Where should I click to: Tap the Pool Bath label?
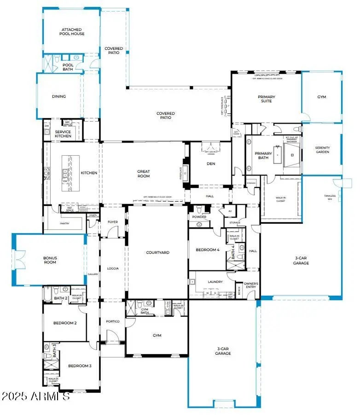68,67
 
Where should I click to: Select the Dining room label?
59,97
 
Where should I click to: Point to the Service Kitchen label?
63,134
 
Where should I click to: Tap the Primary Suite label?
266,99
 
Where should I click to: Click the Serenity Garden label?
322,150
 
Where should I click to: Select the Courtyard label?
158,252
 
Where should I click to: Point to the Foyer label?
113,222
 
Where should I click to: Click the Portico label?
113,321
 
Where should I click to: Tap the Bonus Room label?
50,260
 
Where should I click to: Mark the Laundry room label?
215,282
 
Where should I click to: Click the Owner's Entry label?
251,286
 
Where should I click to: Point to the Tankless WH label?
330,197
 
